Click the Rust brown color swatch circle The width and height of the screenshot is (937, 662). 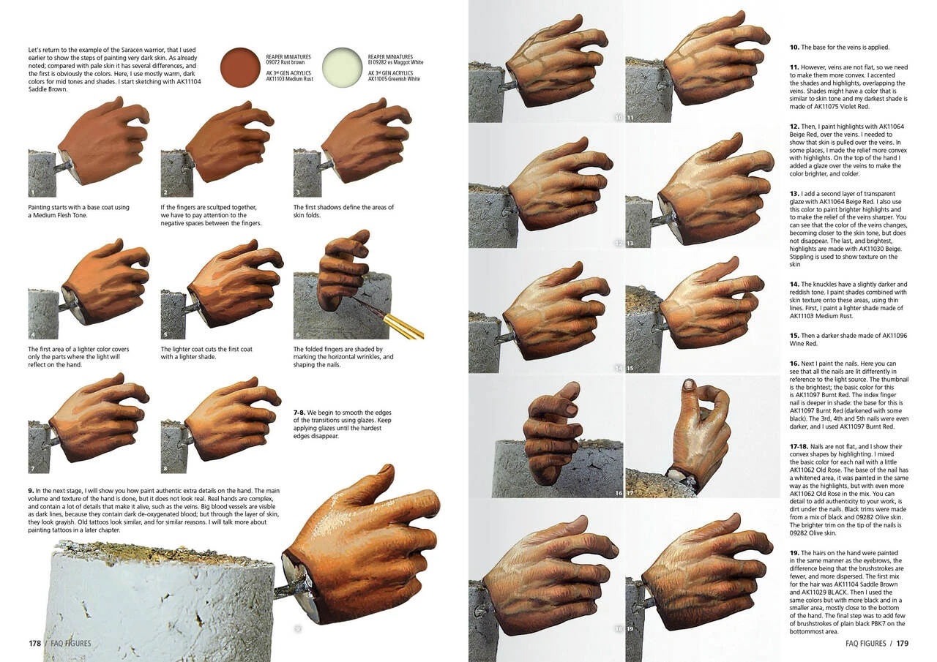(240, 67)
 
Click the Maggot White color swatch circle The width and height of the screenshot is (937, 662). (342, 67)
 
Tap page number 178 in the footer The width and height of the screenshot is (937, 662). (34, 644)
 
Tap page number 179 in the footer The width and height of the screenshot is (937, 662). (902, 644)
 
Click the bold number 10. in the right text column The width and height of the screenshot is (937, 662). (794, 48)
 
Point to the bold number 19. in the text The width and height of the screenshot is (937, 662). (794, 552)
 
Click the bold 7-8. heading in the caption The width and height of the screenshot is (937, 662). (299, 413)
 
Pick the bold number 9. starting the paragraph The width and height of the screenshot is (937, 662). (31, 489)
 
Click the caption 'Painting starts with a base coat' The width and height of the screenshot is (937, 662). (78, 207)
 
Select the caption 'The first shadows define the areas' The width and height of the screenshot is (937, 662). (343, 207)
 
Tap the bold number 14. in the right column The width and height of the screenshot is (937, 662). (794, 284)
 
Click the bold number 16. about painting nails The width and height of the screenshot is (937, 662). (794, 364)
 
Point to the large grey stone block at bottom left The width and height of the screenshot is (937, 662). (161, 607)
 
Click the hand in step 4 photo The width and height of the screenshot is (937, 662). (102, 282)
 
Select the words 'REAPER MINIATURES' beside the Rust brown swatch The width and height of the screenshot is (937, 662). (288, 56)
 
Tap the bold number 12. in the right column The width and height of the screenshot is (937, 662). (794, 126)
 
